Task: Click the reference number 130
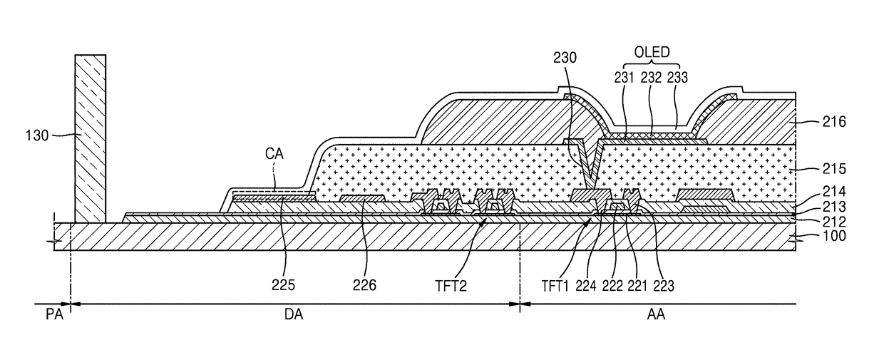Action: (x=37, y=135)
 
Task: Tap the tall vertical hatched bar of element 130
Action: (x=91, y=138)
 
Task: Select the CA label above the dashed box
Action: (x=274, y=153)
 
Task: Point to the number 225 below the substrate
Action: (x=283, y=284)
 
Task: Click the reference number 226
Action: (x=364, y=284)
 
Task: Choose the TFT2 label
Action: (x=451, y=285)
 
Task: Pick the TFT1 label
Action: (x=555, y=285)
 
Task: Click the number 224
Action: (x=586, y=285)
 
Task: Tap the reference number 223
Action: (x=664, y=285)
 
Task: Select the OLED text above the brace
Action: (x=652, y=52)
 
